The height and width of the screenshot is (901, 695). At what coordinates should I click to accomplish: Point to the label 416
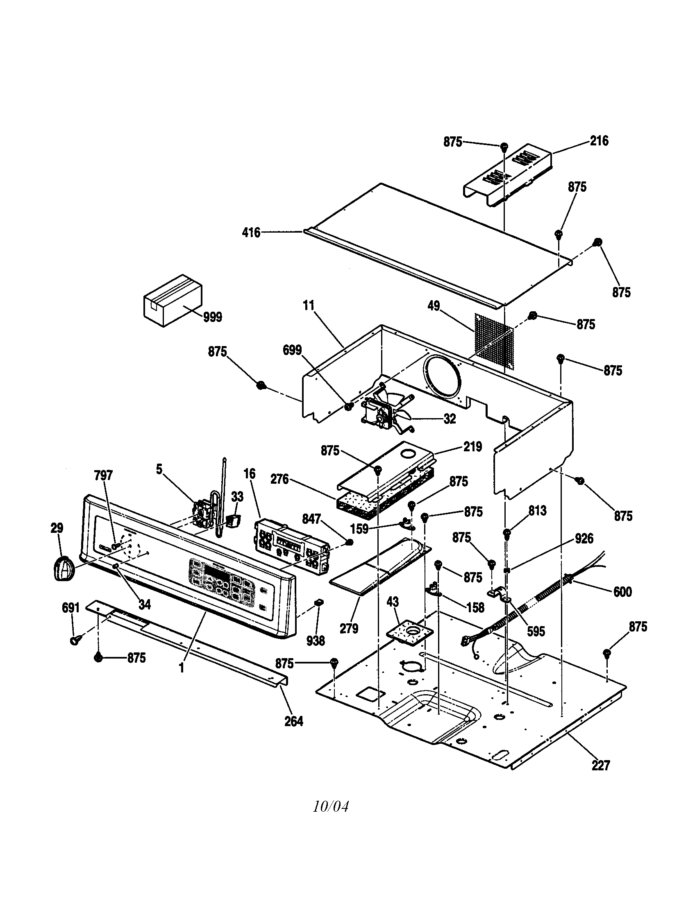251,233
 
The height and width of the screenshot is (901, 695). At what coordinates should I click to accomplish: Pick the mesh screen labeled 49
495,341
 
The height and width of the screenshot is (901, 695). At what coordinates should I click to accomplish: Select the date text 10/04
331,806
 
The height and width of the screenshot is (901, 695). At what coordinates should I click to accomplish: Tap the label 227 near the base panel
600,766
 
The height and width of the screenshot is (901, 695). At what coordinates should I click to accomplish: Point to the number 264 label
294,721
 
